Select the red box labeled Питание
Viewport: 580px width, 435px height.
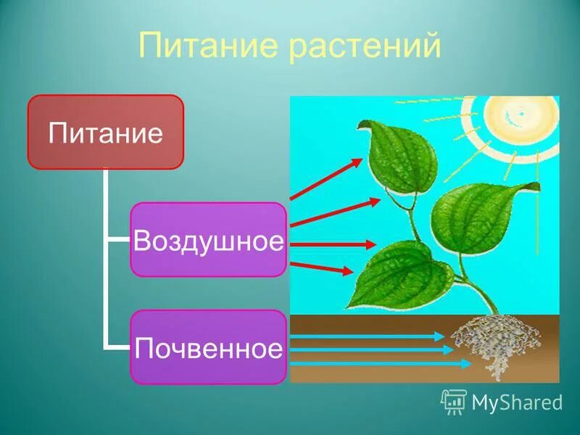pyautogui.click(x=105, y=132)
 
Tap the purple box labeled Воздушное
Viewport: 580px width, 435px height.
pyautogui.click(x=208, y=239)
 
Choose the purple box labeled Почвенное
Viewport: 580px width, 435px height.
pyautogui.click(x=208, y=347)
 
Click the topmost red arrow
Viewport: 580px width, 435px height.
pyautogui.click(x=325, y=179)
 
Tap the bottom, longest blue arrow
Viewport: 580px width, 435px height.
pyautogui.click(x=381, y=364)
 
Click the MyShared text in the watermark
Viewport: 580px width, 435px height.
pyautogui.click(x=517, y=402)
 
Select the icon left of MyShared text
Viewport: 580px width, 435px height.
pyautogui.click(x=454, y=401)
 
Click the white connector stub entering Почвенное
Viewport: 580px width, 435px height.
pyautogui.click(x=118, y=347)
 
